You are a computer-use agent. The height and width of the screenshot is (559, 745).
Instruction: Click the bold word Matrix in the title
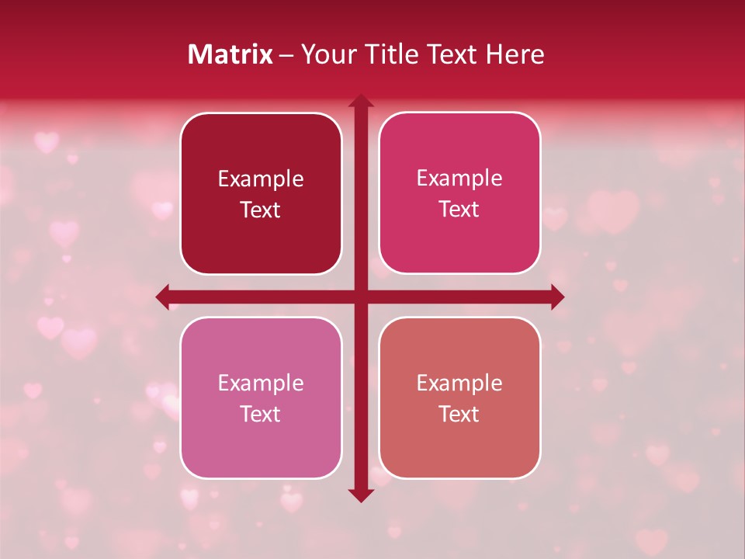click(230, 54)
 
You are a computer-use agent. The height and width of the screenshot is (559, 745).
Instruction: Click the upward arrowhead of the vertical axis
click(360, 102)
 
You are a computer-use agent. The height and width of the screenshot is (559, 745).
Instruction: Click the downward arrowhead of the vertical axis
click(360, 495)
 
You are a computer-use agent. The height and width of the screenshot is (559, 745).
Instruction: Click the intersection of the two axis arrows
click(360, 297)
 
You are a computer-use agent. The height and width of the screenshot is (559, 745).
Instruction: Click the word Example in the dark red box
click(261, 179)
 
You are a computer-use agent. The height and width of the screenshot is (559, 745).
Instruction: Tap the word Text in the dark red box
click(261, 210)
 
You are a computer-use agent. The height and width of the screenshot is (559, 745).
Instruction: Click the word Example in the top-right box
click(459, 179)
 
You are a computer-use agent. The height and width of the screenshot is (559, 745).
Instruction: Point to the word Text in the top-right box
click(459, 209)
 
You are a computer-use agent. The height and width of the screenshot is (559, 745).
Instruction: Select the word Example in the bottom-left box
click(261, 383)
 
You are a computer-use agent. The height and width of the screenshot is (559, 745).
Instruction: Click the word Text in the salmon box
click(459, 414)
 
